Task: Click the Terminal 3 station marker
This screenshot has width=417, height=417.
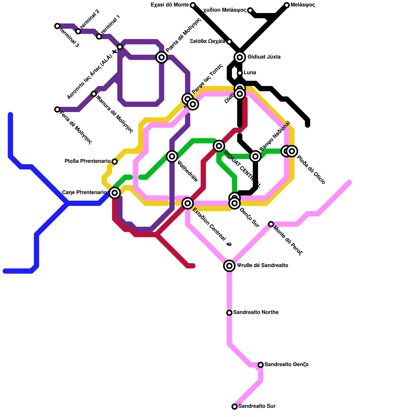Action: (x=57, y=26)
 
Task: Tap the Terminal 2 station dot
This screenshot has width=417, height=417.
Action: (x=78, y=31)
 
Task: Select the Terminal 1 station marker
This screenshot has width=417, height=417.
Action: (x=99, y=36)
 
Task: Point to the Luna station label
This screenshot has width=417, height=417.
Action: (x=250, y=73)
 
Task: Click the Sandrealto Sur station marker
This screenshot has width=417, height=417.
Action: (x=235, y=407)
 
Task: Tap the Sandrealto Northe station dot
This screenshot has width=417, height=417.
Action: (x=229, y=313)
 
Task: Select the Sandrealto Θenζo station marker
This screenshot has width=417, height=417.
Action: (x=261, y=365)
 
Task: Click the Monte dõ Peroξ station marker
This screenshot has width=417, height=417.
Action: (x=271, y=224)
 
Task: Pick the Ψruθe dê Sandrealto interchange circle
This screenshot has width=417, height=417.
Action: (x=229, y=266)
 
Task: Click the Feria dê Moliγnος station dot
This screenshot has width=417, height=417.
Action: (x=57, y=109)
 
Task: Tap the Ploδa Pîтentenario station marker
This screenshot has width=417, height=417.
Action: (x=115, y=162)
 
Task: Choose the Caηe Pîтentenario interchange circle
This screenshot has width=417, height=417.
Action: (x=115, y=193)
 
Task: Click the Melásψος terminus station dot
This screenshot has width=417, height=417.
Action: (x=287, y=5)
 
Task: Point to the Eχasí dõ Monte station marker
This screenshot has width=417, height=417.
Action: (x=193, y=5)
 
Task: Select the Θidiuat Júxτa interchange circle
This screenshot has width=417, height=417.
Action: (x=240, y=57)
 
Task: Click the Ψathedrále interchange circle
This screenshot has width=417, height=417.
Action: (x=172, y=156)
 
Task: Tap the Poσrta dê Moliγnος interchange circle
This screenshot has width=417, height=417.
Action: (x=162, y=57)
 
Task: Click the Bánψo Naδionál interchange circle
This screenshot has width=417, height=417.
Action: (x=255, y=156)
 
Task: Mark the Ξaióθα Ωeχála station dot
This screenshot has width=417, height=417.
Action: (x=229, y=42)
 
